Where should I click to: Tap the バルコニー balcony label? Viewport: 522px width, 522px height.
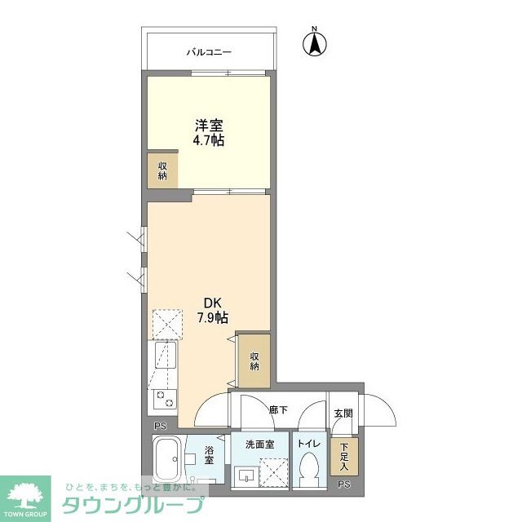coord(209,52)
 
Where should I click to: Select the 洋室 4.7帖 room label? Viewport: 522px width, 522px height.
coord(209,133)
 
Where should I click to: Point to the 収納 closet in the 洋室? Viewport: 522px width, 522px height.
coord(162,170)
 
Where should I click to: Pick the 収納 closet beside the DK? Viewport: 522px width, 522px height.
coord(254,361)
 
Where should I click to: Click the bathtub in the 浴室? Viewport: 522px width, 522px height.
coord(167,458)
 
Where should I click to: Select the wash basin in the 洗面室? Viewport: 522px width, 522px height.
coord(246,475)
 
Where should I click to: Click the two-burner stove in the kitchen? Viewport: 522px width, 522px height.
coord(165,399)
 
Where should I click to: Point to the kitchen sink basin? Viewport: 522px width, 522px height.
coord(165,355)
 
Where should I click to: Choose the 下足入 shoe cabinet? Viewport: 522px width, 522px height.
coord(344,457)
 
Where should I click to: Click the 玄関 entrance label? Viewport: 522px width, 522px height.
coord(343,414)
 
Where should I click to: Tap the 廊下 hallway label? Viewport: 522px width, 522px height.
coord(278,410)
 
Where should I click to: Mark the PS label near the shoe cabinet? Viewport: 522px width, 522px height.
coord(344,484)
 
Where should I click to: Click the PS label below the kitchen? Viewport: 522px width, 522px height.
coord(160,426)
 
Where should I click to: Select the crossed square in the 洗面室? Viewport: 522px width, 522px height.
coord(274,472)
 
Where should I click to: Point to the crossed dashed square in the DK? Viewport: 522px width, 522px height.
coord(167,325)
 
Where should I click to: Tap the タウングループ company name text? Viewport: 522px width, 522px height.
coord(132,506)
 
